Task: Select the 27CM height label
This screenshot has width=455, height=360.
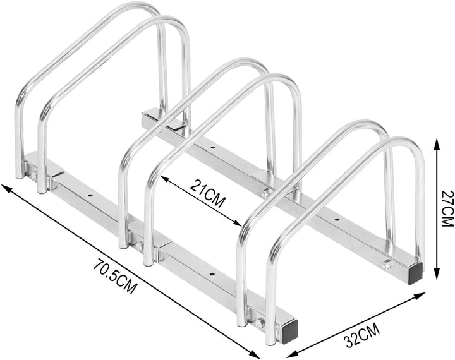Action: coord(446,209)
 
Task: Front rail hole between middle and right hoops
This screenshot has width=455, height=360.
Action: coord(211,274)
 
